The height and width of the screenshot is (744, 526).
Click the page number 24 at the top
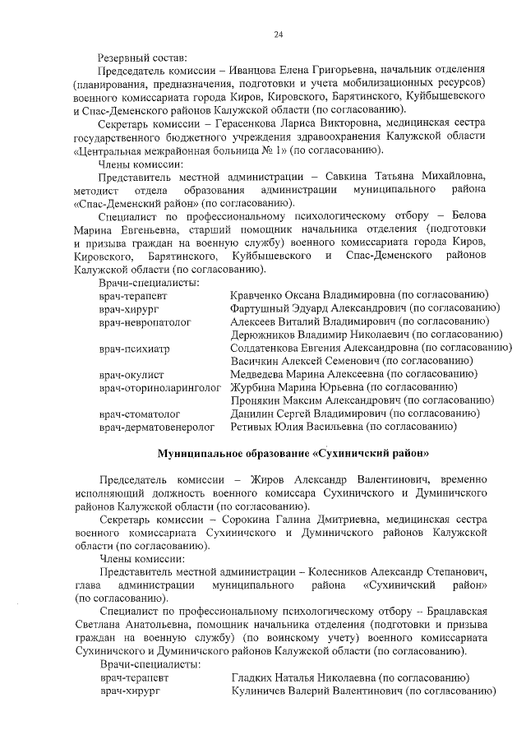pos(278,34)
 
